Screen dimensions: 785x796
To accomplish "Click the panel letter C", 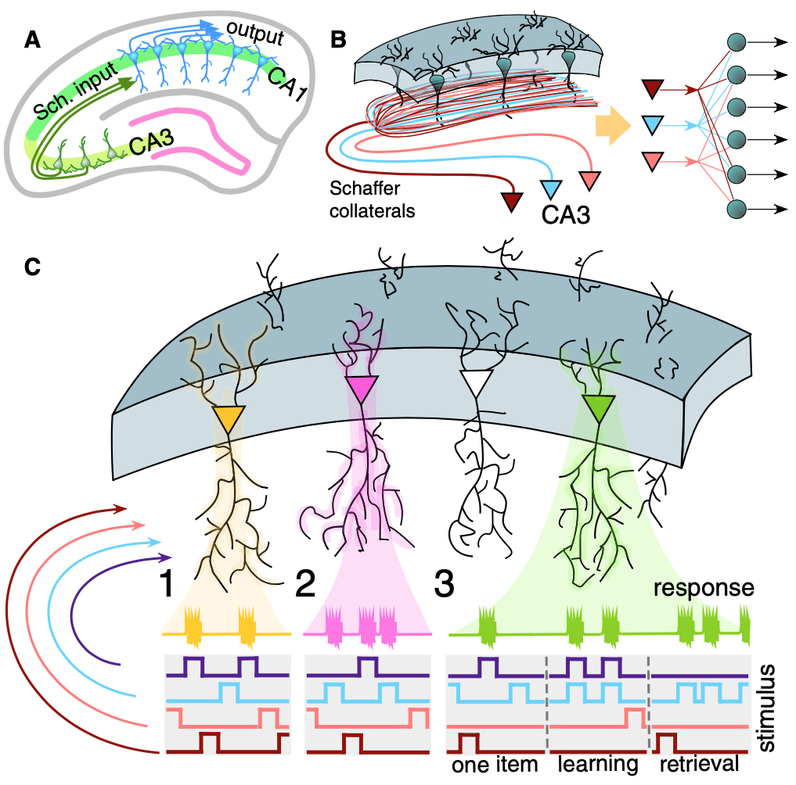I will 33,267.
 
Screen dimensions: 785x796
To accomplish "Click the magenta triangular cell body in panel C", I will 361,389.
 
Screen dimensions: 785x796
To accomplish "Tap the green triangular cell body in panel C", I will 600,407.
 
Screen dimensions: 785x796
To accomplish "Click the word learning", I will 596,764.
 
